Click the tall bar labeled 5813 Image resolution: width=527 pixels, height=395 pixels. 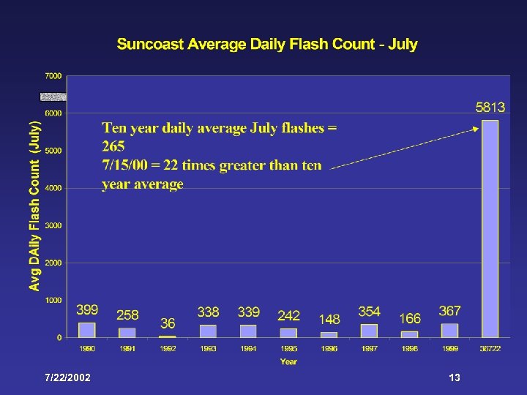490,228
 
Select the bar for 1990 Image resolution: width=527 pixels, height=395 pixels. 87,330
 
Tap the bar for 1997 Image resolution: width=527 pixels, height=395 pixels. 370,331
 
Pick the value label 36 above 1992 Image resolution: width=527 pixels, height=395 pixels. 168,323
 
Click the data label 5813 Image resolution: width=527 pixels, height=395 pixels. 490,107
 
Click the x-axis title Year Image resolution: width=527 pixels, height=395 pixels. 288,361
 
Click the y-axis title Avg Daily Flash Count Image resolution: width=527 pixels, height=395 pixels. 34,206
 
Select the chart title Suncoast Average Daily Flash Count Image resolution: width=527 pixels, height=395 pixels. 267,44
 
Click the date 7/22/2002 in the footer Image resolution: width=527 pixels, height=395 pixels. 68,377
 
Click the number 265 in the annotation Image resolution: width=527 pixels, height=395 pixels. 113,146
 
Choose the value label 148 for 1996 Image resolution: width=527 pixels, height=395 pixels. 329,319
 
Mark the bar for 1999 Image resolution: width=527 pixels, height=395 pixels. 450,330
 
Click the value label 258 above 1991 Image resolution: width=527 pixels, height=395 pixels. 127,315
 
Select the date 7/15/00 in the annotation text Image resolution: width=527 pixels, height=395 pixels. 124,165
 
